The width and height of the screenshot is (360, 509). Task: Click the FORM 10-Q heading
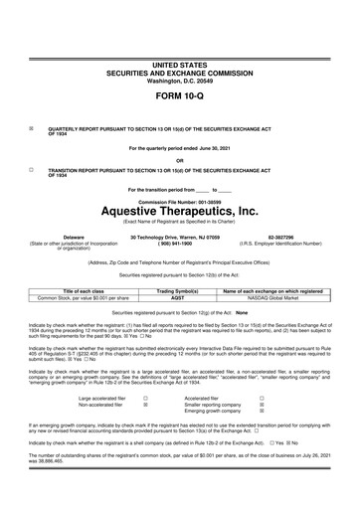179,100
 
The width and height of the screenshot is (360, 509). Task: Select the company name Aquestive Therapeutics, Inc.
179,211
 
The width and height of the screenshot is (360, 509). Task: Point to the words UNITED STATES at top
179,63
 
